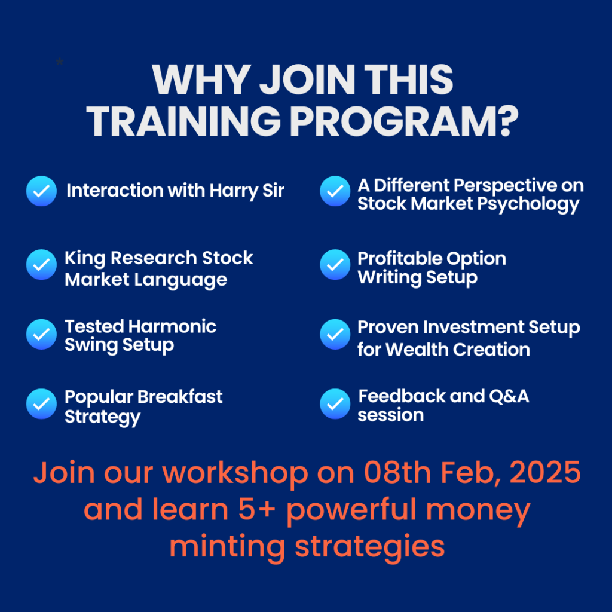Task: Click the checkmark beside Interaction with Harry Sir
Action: point(41,191)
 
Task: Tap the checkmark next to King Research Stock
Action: point(41,265)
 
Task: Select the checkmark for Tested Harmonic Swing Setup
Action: point(41,334)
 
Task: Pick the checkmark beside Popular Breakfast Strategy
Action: point(41,403)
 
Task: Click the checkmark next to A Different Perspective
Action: point(335,191)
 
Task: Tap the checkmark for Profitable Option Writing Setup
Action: point(335,265)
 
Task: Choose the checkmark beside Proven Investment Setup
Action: point(335,334)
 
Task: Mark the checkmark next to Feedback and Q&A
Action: point(335,403)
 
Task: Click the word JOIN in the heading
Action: point(307,79)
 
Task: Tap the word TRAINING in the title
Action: point(183,121)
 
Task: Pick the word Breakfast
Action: point(180,397)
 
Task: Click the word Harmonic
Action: point(173,326)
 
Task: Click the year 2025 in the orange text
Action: point(545,473)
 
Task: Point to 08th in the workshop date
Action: point(397,472)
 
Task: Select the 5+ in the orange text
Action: point(257,510)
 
